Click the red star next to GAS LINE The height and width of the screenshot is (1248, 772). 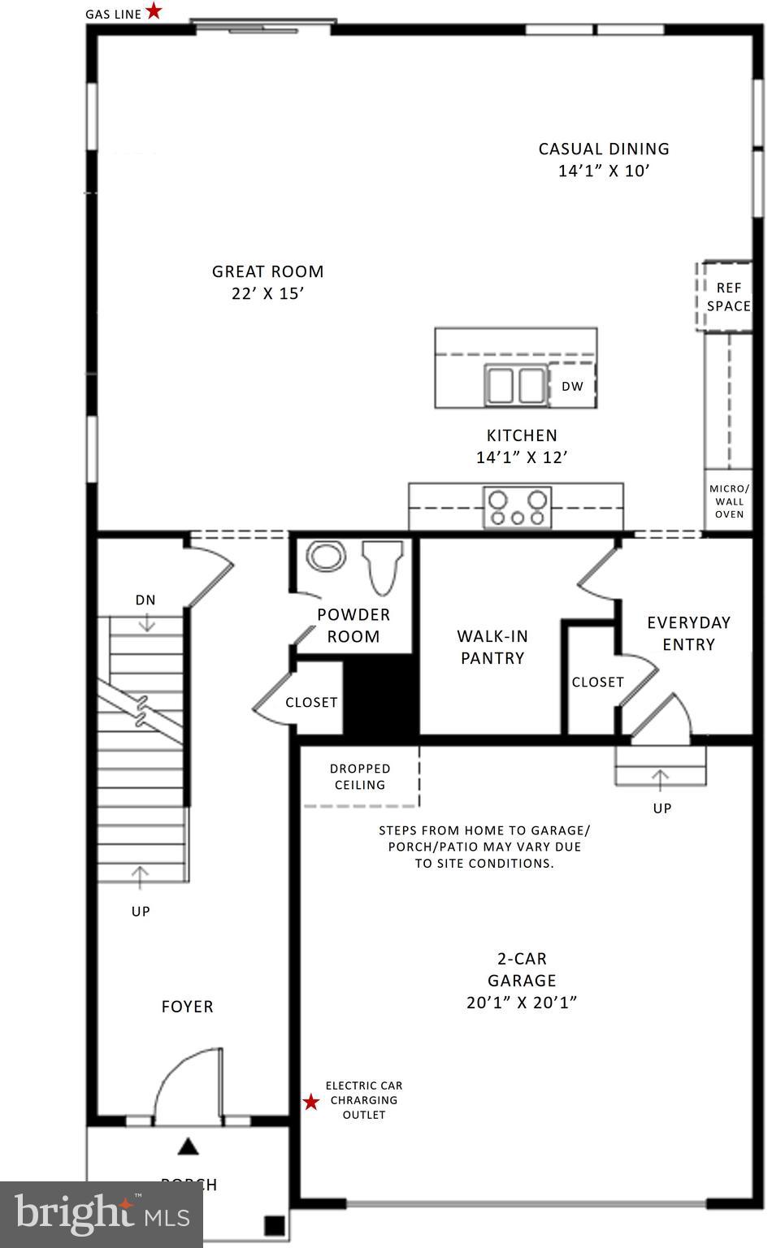tap(154, 11)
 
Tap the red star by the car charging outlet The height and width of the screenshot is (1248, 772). tap(311, 1102)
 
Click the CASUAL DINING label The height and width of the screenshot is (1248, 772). tap(604, 159)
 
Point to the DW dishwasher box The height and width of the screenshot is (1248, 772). tap(572, 387)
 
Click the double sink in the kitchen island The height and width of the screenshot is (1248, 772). tap(515, 384)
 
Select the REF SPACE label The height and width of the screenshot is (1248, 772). tap(728, 297)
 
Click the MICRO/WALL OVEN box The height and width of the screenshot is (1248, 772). tap(729, 501)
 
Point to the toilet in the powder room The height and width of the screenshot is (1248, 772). tap(384, 565)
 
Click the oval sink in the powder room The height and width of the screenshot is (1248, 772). tap(326, 557)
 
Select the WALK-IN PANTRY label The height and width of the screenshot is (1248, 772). tap(492, 648)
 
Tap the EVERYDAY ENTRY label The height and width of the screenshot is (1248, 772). tap(688, 633)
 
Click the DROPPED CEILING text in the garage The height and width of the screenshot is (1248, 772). tap(360, 777)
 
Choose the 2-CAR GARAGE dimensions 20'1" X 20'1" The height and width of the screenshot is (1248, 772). tap(522, 1003)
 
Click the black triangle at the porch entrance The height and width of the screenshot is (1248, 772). tap(189, 1146)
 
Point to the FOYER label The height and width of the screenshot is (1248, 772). tap(187, 1007)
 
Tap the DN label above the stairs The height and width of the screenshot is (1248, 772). tap(145, 600)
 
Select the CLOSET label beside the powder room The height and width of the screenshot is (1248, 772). tap(311, 702)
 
